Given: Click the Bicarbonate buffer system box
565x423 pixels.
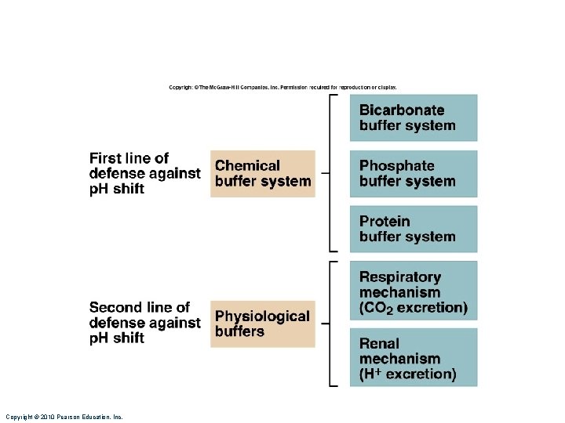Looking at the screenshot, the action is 414,117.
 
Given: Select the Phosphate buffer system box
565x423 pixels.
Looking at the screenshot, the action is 414,173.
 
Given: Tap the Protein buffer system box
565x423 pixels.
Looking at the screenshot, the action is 414,229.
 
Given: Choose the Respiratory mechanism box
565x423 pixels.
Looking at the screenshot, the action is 414,291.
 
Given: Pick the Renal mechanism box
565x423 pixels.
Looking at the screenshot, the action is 414,357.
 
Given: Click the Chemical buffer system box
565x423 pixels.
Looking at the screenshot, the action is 263,173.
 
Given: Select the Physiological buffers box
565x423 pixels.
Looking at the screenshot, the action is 263,324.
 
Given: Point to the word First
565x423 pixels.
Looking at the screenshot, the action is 105,158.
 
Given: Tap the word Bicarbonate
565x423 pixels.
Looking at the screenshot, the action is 402,110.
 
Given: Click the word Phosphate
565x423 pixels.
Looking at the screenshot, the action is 396,166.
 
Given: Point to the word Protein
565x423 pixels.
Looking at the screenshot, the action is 385,222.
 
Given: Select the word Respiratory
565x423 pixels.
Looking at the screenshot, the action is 400,277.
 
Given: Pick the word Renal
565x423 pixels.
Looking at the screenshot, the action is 379,343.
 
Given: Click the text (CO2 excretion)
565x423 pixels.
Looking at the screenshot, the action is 413,308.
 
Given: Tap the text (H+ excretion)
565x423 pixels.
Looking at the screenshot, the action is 407,374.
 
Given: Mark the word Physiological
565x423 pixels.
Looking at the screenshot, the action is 262,316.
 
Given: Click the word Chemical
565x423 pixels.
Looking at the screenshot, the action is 247,166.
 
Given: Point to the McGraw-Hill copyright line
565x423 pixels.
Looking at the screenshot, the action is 282,87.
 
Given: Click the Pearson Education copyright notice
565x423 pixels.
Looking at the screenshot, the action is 64,417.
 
